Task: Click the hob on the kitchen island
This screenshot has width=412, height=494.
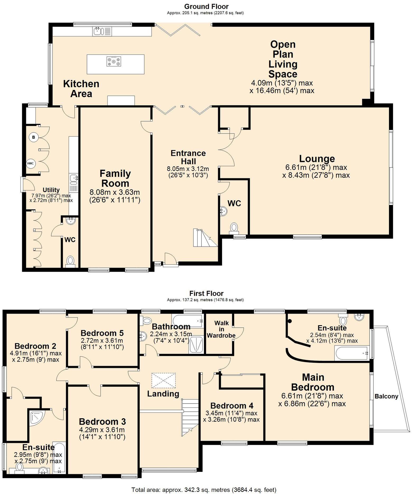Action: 114,62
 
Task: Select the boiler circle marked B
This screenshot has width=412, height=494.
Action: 33,137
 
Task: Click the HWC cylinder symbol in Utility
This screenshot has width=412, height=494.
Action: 30,163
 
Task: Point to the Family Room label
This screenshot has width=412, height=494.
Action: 115,178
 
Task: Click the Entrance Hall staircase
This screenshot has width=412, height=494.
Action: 203,238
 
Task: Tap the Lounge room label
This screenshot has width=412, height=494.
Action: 317,159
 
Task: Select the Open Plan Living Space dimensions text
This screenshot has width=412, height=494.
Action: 282,87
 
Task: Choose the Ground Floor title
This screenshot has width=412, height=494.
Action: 206,6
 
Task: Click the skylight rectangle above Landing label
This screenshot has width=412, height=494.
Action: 163,380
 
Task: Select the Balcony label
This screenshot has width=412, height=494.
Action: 386,396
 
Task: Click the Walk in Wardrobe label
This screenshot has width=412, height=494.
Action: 221,329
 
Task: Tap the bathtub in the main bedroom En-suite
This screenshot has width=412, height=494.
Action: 351,353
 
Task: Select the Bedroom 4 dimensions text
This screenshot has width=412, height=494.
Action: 231,416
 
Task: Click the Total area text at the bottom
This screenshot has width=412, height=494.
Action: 204,490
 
